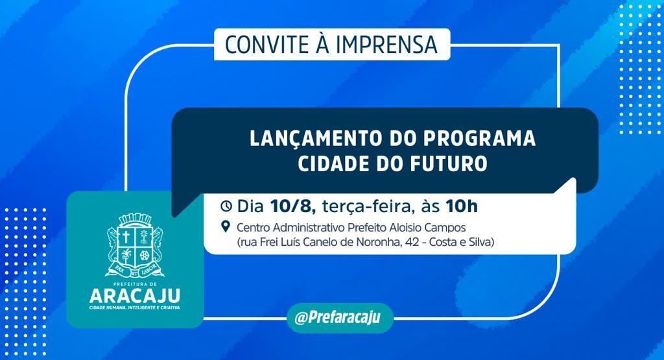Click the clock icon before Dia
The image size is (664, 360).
[x=226, y=206]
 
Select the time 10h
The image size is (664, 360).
[x=461, y=206]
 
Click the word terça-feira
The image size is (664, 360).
[x=366, y=207]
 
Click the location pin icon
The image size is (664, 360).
[x=226, y=226]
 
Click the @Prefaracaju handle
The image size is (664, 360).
[x=337, y=318]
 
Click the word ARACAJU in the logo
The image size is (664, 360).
[x=135, y=296]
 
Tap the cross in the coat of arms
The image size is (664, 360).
[x=126, y=237]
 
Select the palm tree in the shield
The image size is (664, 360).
[x=126, y=254]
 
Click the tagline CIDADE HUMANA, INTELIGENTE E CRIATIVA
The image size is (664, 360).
[x=135, y=307]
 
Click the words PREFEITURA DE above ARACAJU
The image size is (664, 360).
[x=135, y=284]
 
